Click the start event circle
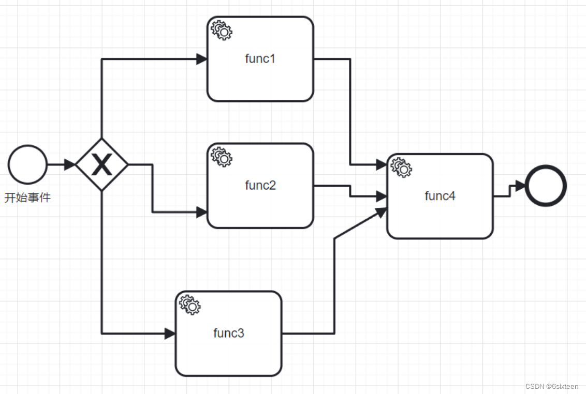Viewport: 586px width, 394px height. (x=27, y=164)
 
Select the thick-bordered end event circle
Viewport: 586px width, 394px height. (x=546, y=185)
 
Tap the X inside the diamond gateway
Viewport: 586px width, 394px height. (x=101, y=165)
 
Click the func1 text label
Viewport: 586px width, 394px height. (x=260, y=58)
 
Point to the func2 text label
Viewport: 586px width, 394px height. (x=260, y=185)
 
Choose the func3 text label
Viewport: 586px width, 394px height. (x=228, y=333)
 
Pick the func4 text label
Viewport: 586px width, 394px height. (x=439, y=195)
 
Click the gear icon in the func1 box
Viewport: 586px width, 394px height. (x=222, y=31)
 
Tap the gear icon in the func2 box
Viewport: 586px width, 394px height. (x=222, y=157)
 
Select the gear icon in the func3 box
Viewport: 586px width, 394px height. (x=189, y=305)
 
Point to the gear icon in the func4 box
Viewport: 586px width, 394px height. (x=401, y=167)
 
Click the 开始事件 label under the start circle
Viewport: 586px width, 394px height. (x=27, y=198)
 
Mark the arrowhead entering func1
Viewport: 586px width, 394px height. (x=201, y=59)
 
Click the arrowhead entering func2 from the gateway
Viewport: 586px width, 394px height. (x=201, y=212)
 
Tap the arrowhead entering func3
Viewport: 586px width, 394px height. (x=170, y=334)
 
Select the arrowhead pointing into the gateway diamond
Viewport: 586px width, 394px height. (x=69, y=165)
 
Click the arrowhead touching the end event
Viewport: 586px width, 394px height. (x=519, y=185)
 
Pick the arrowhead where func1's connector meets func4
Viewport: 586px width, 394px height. (x=382, y=165)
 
